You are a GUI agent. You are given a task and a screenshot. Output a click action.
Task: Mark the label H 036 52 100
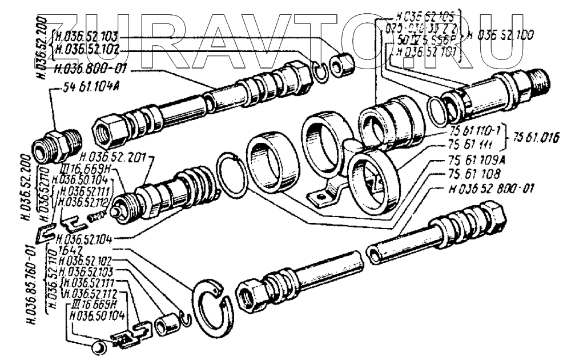pyautogui.click(x=500, y=35)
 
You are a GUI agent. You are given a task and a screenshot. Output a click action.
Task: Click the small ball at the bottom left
pyautogui.click(x=99, y=347)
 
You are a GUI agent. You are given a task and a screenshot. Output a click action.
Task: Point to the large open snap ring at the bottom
pyautogui.click(x=213, y=307)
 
